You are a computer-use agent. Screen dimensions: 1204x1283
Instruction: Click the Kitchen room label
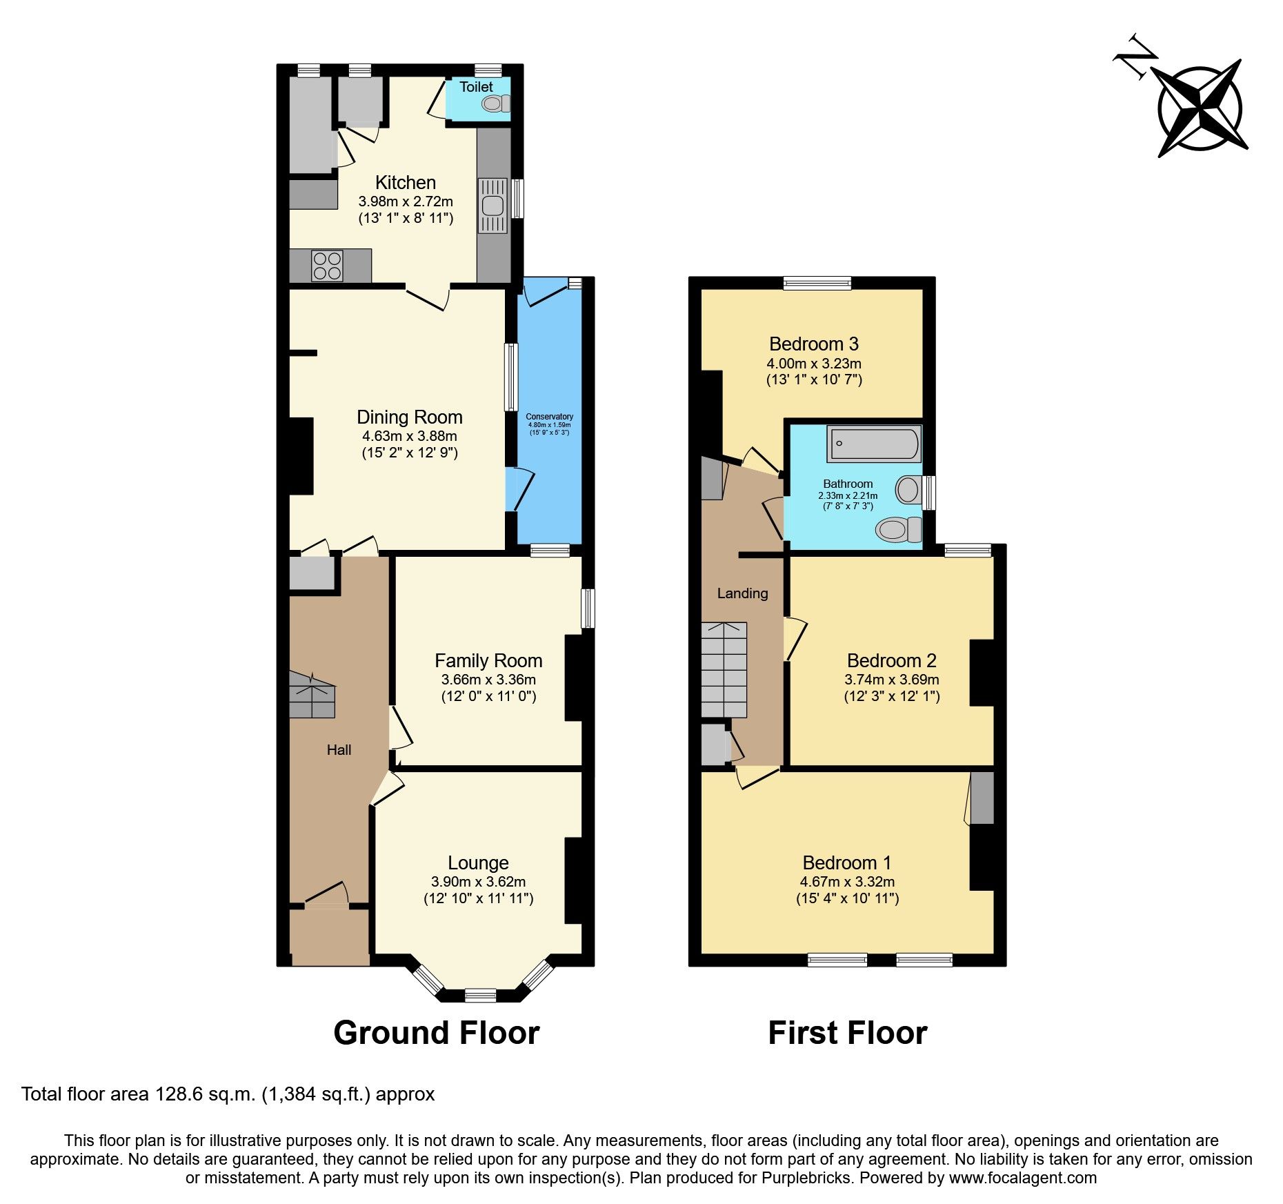pos(405,182)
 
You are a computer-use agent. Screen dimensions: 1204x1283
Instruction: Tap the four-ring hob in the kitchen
pos(327,266)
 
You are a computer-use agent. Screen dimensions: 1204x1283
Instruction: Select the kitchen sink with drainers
pos(493,206)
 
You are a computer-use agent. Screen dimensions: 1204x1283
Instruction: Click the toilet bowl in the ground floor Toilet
pos(493,103)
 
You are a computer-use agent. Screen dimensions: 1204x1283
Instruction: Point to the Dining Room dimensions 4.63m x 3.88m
pos(409,436)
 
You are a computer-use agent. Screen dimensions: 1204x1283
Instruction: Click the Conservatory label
pos(549,417)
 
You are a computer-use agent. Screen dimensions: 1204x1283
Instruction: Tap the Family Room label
pos(488,660)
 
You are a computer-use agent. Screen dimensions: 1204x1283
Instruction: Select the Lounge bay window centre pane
pos(480,994)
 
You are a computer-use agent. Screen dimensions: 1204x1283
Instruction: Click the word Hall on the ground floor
pos(339,750)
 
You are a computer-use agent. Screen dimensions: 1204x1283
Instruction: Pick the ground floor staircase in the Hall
pos(312,695)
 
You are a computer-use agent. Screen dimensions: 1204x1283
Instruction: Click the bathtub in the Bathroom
pos(874,444)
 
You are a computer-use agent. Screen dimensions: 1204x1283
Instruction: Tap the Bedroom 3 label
pos(813,344)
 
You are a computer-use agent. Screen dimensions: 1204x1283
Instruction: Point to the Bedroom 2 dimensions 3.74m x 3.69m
pos(891,680)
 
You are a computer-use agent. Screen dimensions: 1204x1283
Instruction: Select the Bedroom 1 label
pos(846,862)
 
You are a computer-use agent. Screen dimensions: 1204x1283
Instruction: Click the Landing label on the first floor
pos(742,593)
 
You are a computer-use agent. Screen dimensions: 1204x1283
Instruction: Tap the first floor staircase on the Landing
pos(724,670)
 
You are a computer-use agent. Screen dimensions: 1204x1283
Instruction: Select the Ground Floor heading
pos(436,1033)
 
